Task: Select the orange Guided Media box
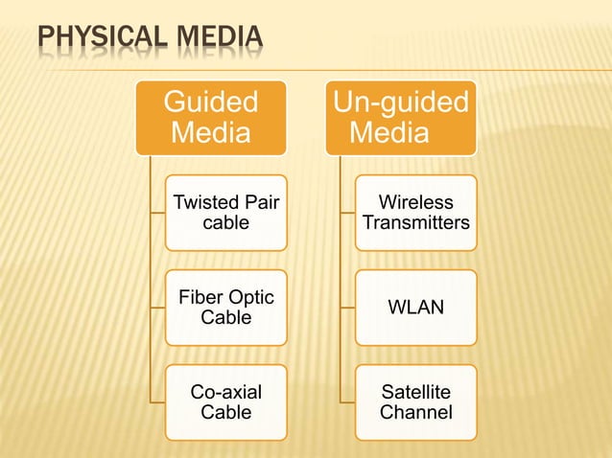pos(210,117)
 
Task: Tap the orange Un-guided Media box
pos(400,117)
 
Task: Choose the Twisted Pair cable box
pos(225,213)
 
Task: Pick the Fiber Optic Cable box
pos(225,308)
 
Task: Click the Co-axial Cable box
pos(225,402)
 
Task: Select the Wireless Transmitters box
pos(416,213)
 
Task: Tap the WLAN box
pos(416,308)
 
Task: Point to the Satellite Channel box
pos(416,402)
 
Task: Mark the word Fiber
pos(199,298)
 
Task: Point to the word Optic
pos(248,298)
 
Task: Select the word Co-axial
pos(225,393)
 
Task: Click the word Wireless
pos(416,203)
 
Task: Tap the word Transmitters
pos(416,223)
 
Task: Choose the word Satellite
pos(416,393)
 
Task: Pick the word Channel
pos(416,413)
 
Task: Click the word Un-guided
pos(401,102)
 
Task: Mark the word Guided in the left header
pos(211,102)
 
